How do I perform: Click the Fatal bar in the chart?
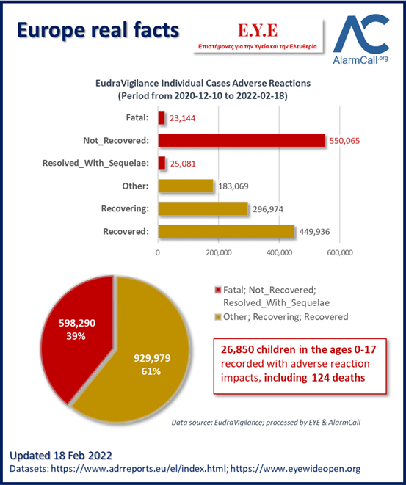pos(162,118)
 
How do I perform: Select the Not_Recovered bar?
pos(242,140)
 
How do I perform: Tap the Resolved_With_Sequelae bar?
pos(162,163)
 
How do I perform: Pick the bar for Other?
pos(186,186)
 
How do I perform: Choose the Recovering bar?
pos(203,208)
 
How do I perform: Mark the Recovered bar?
pos(226,231)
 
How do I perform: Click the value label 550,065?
pos(344,141)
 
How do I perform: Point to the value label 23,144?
pos(182,118)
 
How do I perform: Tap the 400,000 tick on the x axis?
pos(279,252)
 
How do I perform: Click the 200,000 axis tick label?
pos(219,252)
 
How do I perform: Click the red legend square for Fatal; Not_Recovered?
pos(218,290)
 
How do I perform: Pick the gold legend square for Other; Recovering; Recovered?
pos(218,317)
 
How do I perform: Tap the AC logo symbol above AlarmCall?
pos(360,34)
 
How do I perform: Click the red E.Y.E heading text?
pos(258,31)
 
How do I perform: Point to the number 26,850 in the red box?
pos(237,349)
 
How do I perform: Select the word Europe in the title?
pos(51,31)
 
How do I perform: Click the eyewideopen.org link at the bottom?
pos(296,469)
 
